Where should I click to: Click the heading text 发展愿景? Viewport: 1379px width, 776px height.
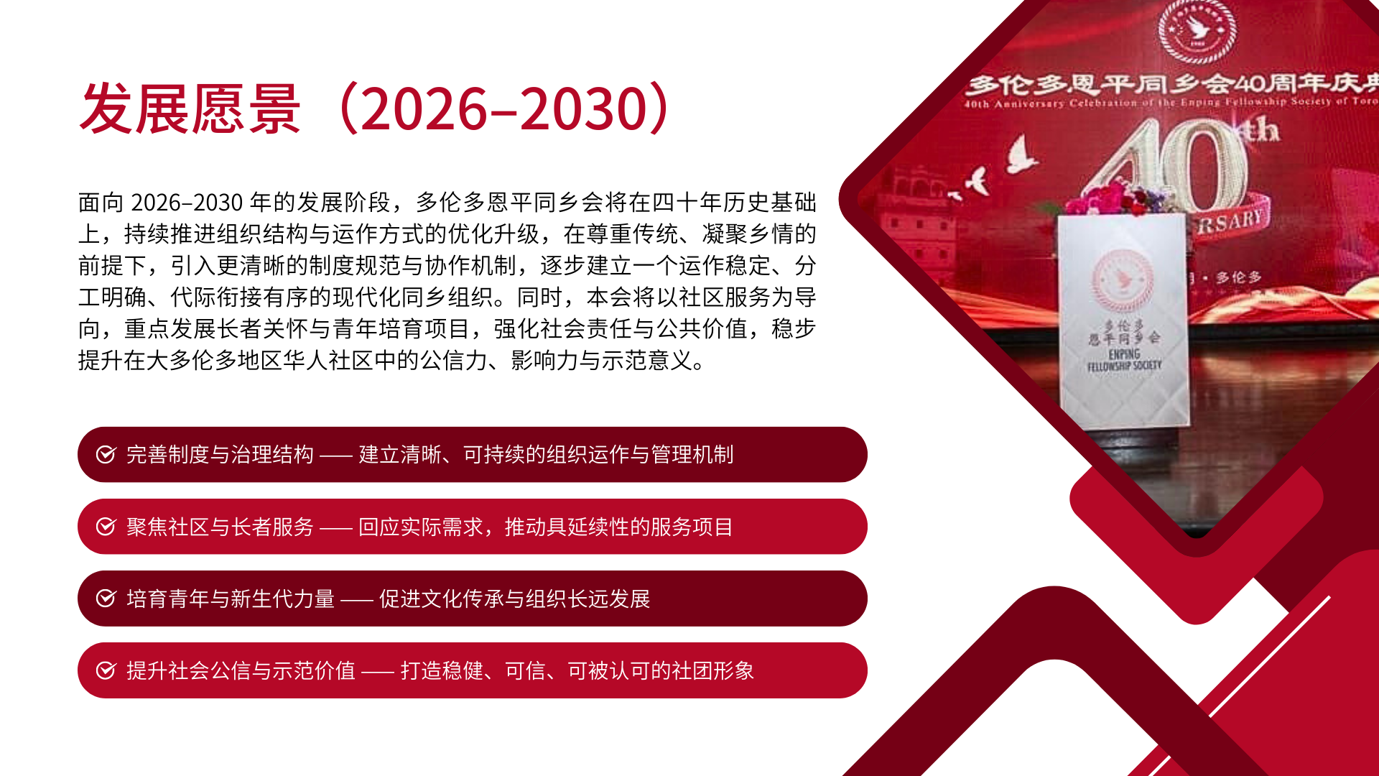coord(190,108)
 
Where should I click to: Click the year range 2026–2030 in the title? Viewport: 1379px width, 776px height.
coord(505,108)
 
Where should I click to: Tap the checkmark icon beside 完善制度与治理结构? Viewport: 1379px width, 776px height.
coord(106,454)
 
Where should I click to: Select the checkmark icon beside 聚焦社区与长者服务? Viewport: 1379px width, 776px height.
coord(106,527)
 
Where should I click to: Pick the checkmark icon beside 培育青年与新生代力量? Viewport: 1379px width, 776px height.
coord(106,599)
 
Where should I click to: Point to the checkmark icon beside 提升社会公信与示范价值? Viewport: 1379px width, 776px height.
coord(106,670)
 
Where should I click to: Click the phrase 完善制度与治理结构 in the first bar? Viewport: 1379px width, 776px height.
coord(220,454)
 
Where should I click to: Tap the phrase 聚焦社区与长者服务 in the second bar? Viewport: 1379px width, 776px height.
coord(220,527)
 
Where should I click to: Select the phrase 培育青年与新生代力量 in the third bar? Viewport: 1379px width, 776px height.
coord(231,599)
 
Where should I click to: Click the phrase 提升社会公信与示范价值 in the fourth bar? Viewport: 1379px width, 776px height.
coord(241,670)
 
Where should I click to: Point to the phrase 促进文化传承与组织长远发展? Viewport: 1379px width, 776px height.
coord(514,599)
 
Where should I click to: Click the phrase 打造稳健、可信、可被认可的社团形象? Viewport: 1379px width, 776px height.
coord(577,670)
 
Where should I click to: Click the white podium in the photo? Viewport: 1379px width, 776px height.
coord(1123,320)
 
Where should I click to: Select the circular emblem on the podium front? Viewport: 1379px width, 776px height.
coord(1123,280)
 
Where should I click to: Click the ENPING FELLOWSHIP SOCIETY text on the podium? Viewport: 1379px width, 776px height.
coord(1124,360)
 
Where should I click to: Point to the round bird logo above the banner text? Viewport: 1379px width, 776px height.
coord(1197,31)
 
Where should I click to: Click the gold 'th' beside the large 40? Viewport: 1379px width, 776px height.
coord(1261,130)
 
